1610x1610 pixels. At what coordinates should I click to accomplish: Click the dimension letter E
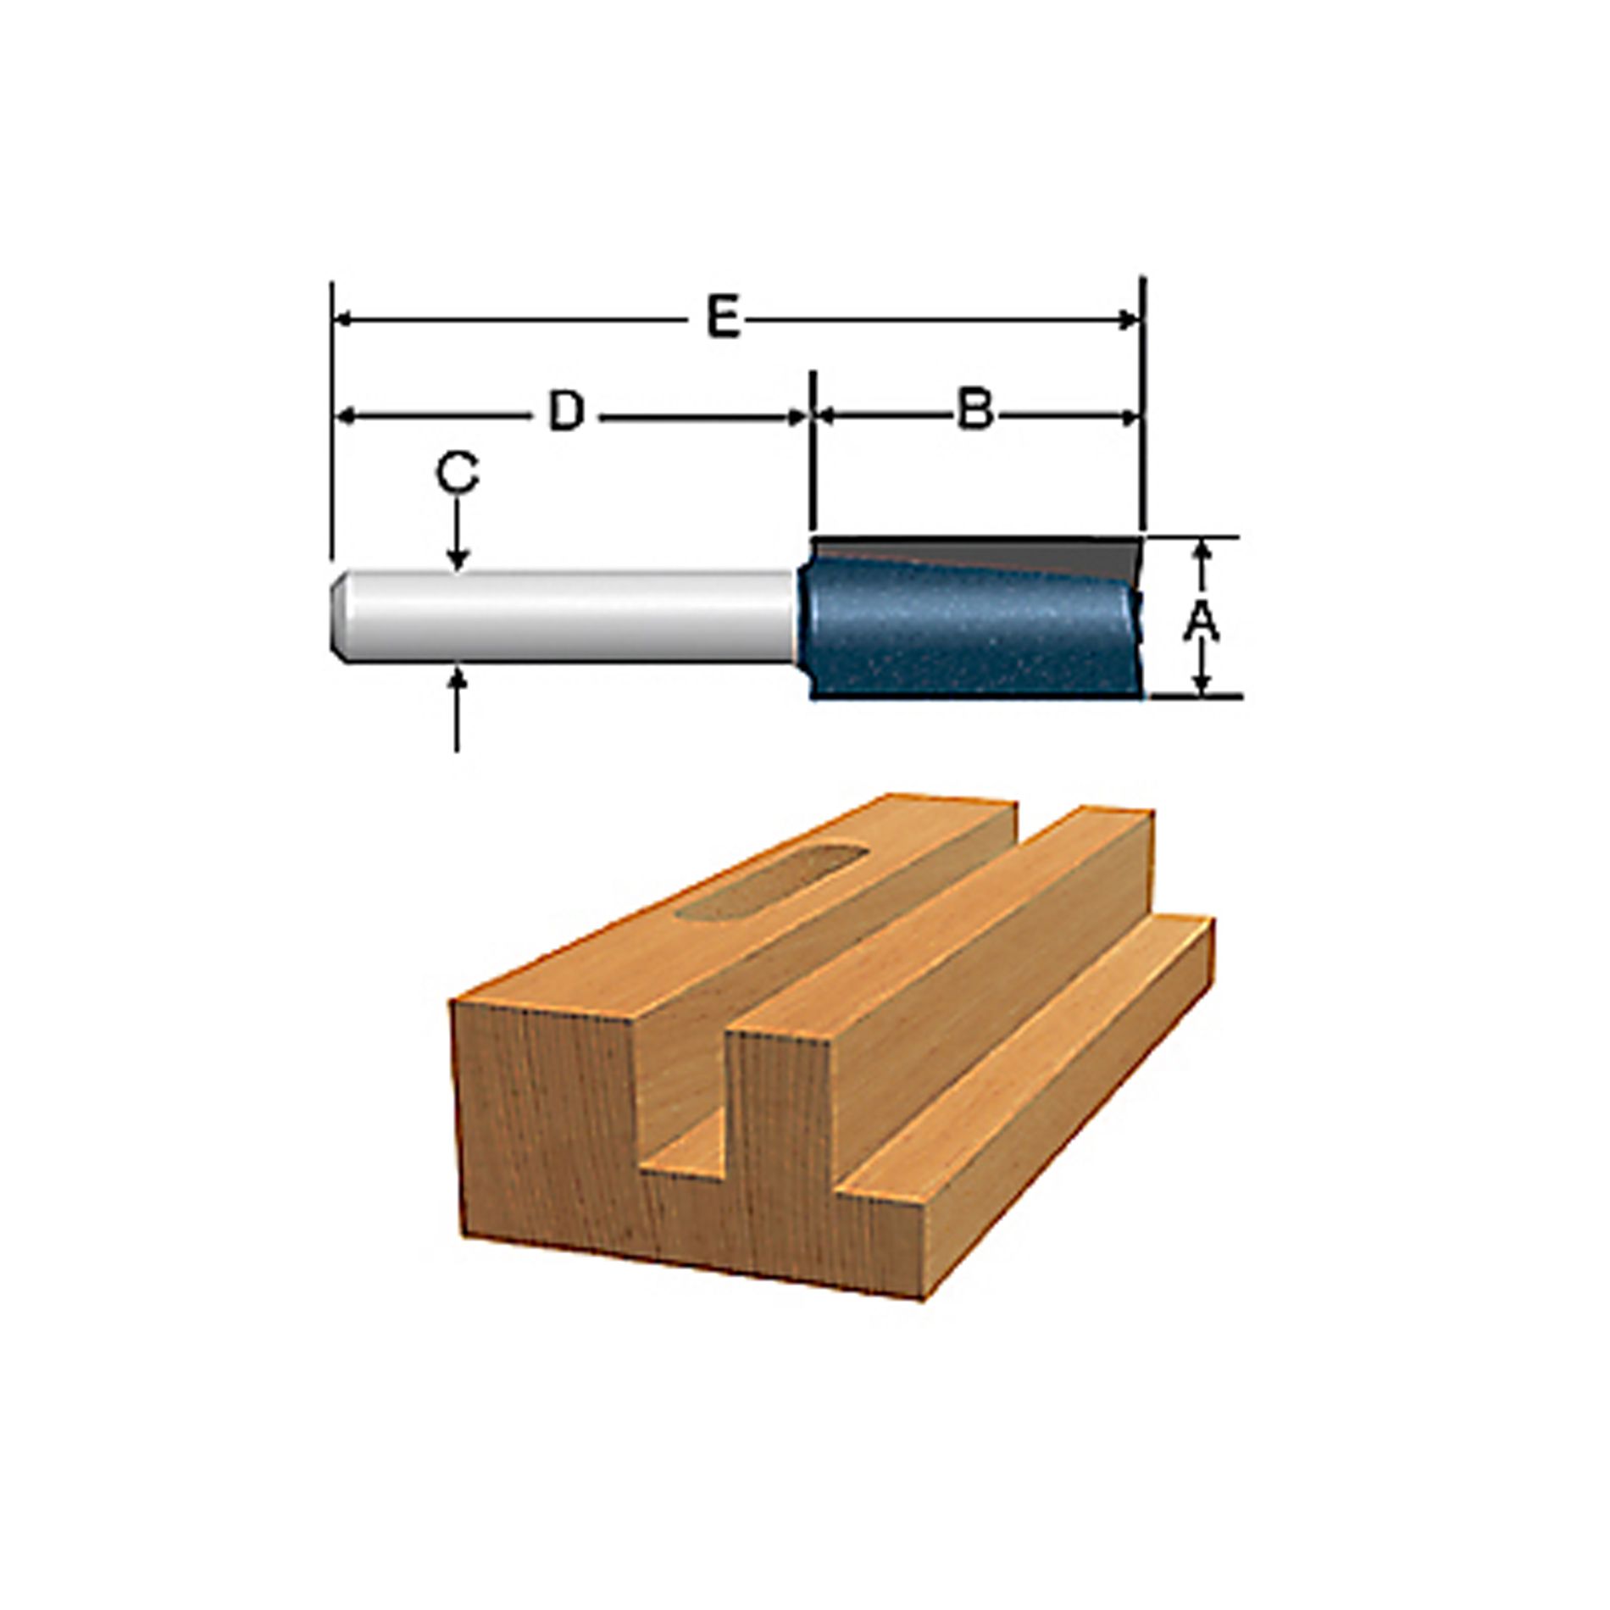[x=723, y=319]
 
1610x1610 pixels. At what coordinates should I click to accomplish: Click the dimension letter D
[x=566, y=413]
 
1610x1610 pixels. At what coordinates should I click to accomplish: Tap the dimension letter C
[x=457, y=475]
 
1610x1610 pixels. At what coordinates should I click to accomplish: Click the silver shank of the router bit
[x=576, y=616]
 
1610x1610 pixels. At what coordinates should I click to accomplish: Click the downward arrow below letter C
[x=458, y=559]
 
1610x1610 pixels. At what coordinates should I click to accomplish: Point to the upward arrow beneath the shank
[x=458, y=678]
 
